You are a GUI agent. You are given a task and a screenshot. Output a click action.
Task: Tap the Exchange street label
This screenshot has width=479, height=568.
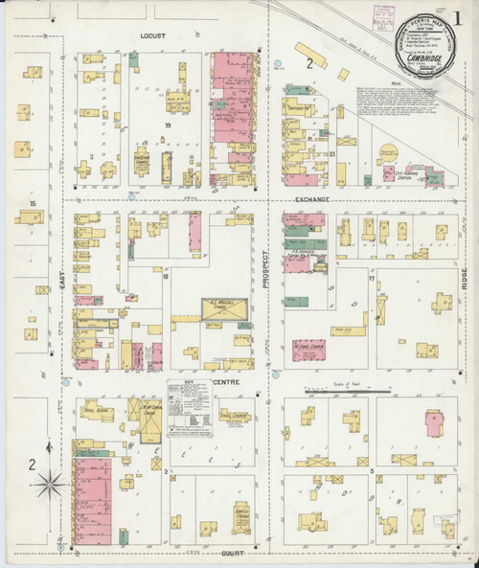coord(311,198)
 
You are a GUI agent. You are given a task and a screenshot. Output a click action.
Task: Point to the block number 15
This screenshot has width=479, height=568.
coord(32,203)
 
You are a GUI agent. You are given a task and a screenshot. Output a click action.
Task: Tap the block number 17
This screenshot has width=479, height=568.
coord(371,278)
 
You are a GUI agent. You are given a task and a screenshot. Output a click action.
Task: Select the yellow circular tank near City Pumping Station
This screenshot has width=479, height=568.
coord(388,151)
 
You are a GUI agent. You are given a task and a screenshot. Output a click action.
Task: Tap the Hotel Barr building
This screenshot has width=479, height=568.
coord(100,411)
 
